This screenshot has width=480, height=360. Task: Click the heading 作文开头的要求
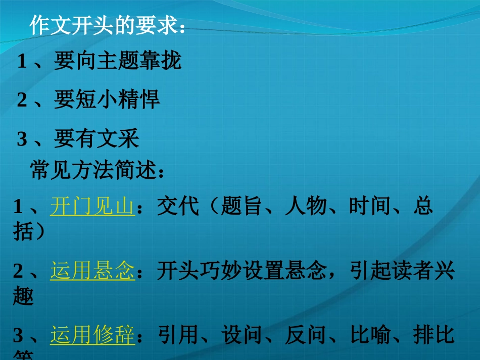107,25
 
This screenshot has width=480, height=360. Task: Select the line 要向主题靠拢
117,62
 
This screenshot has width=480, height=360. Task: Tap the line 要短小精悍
107,100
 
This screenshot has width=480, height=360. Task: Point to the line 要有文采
96,138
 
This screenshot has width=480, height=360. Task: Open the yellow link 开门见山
92,207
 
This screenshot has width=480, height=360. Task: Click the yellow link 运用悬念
92,272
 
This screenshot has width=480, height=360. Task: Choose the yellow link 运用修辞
92,335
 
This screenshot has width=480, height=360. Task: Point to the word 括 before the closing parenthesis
23,232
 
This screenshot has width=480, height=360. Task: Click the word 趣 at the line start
23,297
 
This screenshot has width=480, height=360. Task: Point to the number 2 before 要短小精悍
21,100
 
